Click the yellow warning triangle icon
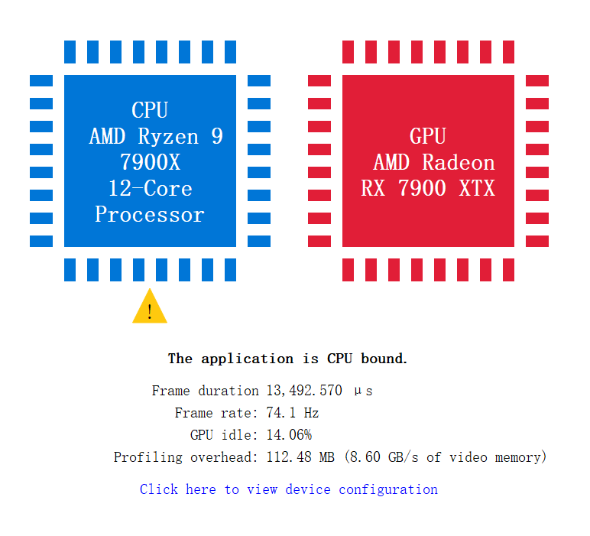150,308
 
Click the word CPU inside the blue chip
150,110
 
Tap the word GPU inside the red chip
427,136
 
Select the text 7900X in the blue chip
150,162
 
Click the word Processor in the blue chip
150,215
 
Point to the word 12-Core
150,189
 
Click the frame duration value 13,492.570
304,391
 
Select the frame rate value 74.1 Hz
293,413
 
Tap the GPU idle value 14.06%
289,435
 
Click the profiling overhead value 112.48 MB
300,457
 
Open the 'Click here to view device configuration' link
289,489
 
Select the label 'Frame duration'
205,391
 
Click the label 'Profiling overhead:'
186,457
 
